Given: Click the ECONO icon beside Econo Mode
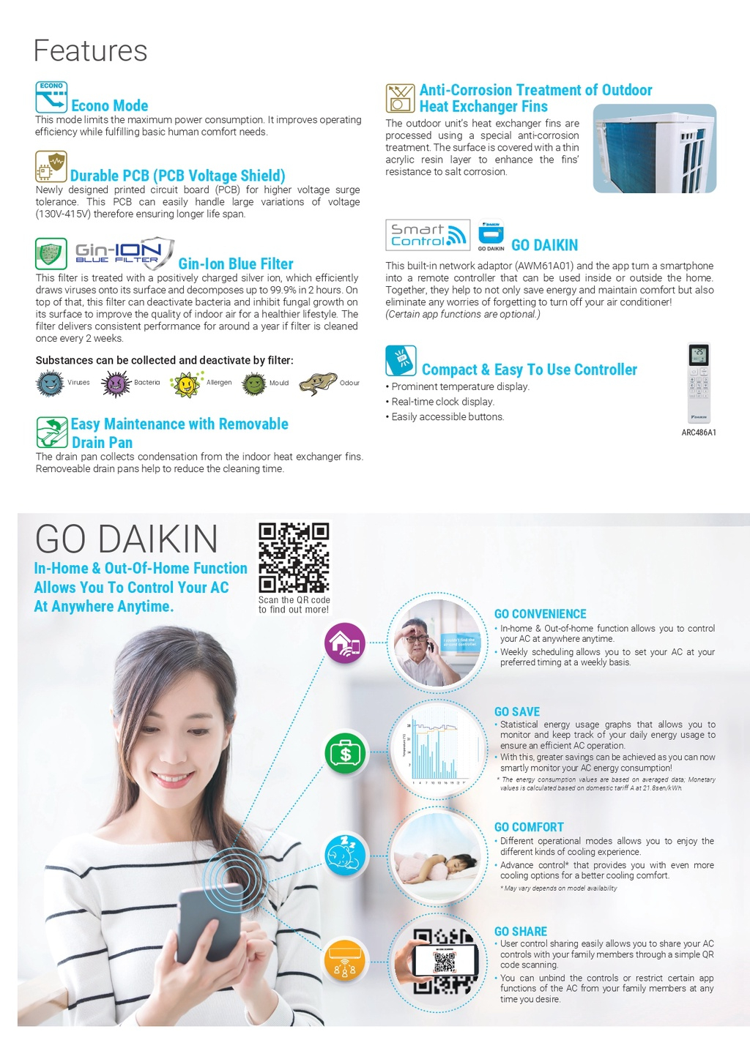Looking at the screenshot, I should click(51, 97).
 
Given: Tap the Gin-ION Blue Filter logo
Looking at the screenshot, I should click(124, 253).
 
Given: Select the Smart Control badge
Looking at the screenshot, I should click(428, 235).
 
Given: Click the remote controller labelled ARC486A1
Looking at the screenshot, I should click(699, 383).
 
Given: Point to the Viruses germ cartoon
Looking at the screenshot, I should click(50, 383).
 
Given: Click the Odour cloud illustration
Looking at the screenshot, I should click(318, 383).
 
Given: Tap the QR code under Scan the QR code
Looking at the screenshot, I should click(294, 558).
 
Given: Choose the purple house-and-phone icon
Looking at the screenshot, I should click(345, 643).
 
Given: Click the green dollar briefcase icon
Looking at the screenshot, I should click(345, 752).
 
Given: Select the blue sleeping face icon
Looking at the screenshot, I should click(345, 855).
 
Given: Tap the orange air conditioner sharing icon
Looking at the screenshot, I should click(344, 959).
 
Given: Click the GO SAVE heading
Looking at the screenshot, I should click(517, 711).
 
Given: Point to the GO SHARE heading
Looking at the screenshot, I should click(521, 932).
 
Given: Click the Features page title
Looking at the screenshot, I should click(91, 51).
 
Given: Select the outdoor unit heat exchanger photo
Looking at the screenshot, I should click(654, 149).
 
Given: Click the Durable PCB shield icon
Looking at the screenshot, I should click(51, 167).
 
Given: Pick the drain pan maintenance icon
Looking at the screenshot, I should click(52, 432).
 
